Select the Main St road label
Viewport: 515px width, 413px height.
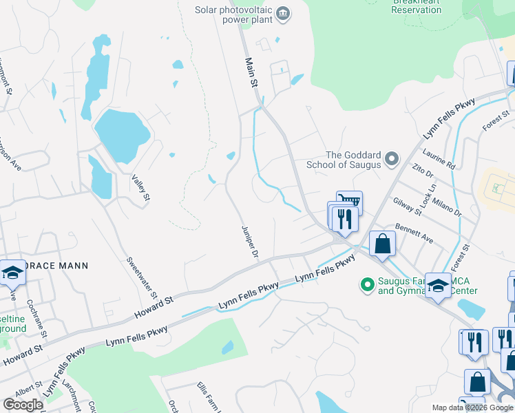(251, 72)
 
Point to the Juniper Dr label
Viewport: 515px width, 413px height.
(249, 242)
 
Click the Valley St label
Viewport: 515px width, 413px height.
(140, 187)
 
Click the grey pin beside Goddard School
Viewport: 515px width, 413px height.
(392, 160)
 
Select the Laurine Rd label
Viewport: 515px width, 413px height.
(441, 160)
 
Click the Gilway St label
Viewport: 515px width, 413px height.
(408, 204)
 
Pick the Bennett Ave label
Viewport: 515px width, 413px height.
(413, 233)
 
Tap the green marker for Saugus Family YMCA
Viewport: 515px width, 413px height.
(368, 283)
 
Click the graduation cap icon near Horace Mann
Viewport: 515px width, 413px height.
(12, 273)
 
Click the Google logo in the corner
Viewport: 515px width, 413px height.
(23, 405)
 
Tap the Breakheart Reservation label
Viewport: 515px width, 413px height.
(417, 6)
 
